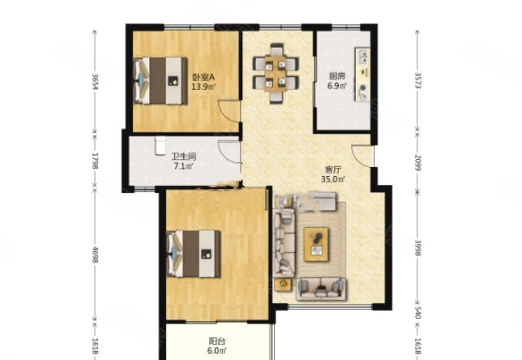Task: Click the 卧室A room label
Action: tap(203, 77)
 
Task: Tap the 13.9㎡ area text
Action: tap(203, 87)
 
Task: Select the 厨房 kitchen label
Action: tap(337, 76)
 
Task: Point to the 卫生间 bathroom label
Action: tap(183, 156)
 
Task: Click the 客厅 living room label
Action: tap(333, 169)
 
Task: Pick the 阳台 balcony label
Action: tap(217, 341)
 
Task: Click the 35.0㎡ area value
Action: tap(333, 179)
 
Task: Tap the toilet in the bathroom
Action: tap(160, 145)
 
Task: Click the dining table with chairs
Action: tap(276, 74)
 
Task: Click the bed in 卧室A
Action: tap(160, 81)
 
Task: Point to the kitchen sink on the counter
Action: tap(362, 56)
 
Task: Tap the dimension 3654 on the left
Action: tap(95, 82)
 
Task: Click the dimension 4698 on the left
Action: tap(95, 255)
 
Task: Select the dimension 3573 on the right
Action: tap(417, 80)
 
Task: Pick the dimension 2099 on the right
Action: tap(417, 162)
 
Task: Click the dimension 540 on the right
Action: tap(417, 312)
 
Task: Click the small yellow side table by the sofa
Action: tap(283, 284)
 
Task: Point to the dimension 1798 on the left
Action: tap(95, 161)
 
